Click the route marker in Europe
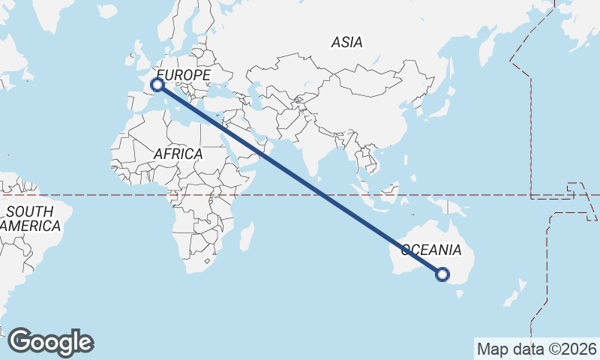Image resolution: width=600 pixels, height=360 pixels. (157, 85)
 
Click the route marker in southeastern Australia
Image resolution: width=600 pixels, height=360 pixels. (442, 275)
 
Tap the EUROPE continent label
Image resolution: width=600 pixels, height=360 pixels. (183, 75)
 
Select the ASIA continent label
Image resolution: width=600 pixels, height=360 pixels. (346, 42)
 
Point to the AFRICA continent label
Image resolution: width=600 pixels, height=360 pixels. (178, 154)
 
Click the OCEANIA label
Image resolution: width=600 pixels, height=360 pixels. (431, 250)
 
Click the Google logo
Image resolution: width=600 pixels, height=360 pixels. (51, 341)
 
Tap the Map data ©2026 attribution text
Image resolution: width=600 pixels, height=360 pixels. (536, 349)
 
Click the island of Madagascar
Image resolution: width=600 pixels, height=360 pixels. (246, 238)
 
